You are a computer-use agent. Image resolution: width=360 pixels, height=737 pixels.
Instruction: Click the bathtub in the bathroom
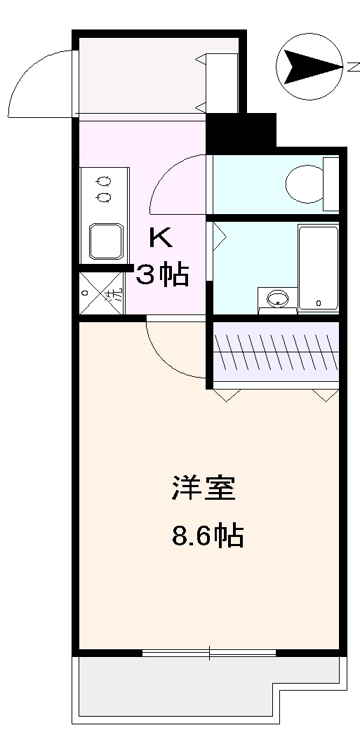point(318,267)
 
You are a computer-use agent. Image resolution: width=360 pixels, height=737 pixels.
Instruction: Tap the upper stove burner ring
point(105,180)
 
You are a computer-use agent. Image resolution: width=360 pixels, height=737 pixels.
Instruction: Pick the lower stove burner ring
point(105,197)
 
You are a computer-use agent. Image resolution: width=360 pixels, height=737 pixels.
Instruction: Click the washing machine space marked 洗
point(102,293)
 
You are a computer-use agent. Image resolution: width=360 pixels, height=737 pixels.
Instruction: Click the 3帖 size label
point(162,274)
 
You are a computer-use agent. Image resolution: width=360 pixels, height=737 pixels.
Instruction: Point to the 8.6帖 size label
point(207,537)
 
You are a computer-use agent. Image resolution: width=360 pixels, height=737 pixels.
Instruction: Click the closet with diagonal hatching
point(276,351)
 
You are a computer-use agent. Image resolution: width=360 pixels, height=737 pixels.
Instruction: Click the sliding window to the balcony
point(209,653)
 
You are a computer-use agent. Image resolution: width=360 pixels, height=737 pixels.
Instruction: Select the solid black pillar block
point(241,130)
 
